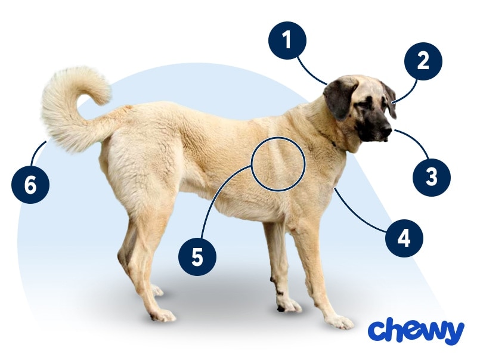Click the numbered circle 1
click(287, 41)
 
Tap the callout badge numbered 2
click(423, 61)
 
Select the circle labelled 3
click(432, 176)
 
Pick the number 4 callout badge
click(404, 238)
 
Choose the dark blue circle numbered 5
click(197, 256)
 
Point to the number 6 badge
click(30, 185)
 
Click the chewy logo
click(416, 331)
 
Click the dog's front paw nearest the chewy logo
click(340, 321)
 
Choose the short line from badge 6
click(37, 153)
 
